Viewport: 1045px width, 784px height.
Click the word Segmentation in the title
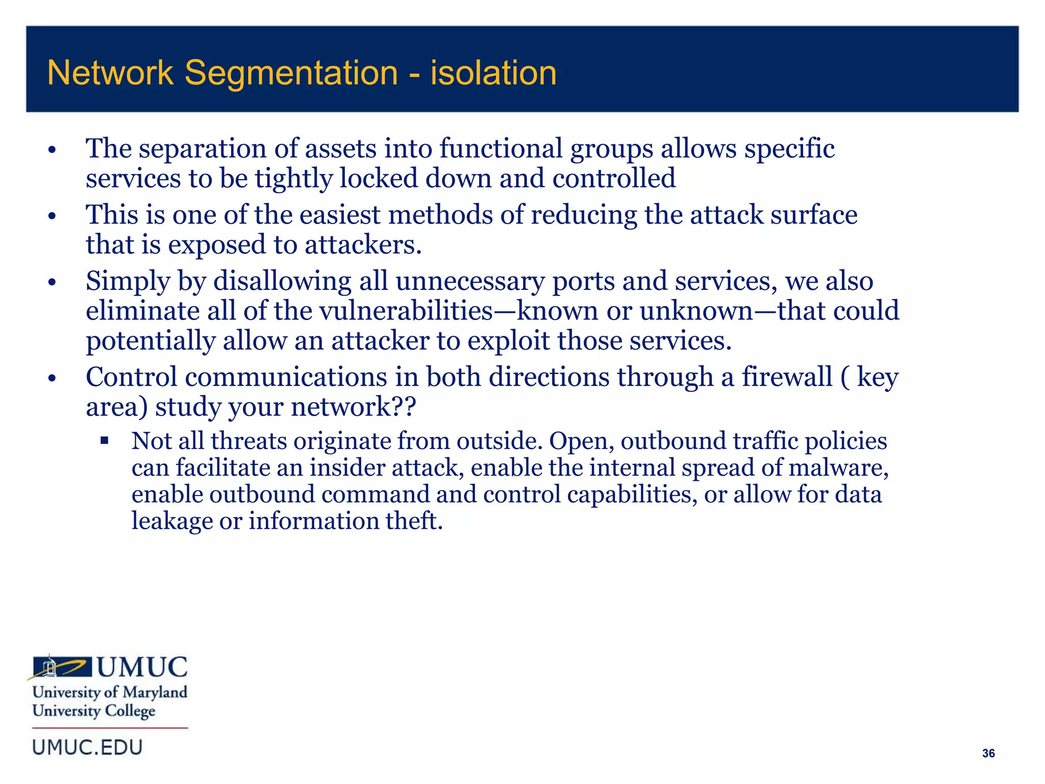tap(291, 73)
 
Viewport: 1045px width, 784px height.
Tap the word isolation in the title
tap(493, 73)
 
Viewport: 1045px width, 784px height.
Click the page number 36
tap(988, 753)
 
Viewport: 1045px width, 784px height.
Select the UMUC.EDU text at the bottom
tap(87, 747)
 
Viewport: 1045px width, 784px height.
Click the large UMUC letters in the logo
tap(142, 667)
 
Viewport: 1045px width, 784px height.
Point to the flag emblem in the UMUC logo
tap(61, 667)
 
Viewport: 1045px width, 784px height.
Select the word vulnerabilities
tap(406, 311)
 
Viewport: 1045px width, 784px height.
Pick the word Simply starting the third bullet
tap(128, 281)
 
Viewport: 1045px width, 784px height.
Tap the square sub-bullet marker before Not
tap(105, 440)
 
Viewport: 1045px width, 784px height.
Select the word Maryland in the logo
tap(155, 692)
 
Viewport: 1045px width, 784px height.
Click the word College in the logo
tap(130, 711)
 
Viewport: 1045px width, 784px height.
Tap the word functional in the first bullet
tap(501, 149)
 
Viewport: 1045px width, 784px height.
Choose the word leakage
tap(171, 521)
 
